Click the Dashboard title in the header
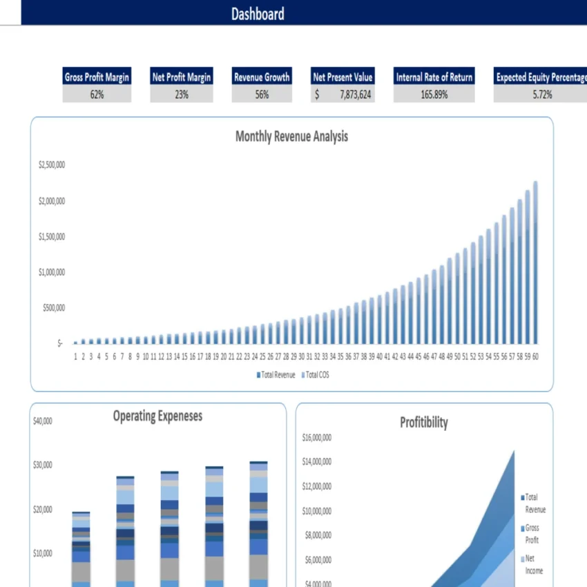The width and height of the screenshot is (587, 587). pyautogui.click(x=258, y=14)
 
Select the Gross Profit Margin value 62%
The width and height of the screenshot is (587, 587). pyautogui.click(x=97, y=95)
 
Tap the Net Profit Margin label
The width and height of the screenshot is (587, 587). pyautogui.click(x=182, y=77)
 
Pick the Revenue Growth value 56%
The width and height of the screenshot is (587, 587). pyautogui.click(x=262, y=95)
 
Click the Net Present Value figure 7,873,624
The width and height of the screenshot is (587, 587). pyautogui.click(x=355, y=95)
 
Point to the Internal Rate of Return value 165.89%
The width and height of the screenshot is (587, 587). pyautogui.click(x=434, y=95)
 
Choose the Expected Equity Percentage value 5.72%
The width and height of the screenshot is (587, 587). pyautogui.click(x=542, y=95)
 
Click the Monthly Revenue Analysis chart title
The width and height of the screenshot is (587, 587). pyautogui.click(x=291, y=137)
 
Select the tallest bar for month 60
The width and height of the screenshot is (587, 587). pyautogui.click(x=535, y=262)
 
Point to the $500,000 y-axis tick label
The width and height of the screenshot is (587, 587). pyautogui.click(x=52, y=307)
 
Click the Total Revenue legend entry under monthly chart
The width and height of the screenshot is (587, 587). pyautogui.click(x=276, y=375)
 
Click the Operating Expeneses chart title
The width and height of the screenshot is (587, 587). pyautogui.click(x=157, y=416)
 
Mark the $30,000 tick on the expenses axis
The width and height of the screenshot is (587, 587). pyautogui.click(x=43, y=465)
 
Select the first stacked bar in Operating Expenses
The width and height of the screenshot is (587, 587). pyautogui.click(x=81, y=549)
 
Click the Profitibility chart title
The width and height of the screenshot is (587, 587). pyautogui.click(x=424, y=423)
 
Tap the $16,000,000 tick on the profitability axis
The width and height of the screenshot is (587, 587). pyautogui.click(x=317, y=437)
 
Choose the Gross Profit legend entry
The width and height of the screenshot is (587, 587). pyautogui.click(x=532, y=534)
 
